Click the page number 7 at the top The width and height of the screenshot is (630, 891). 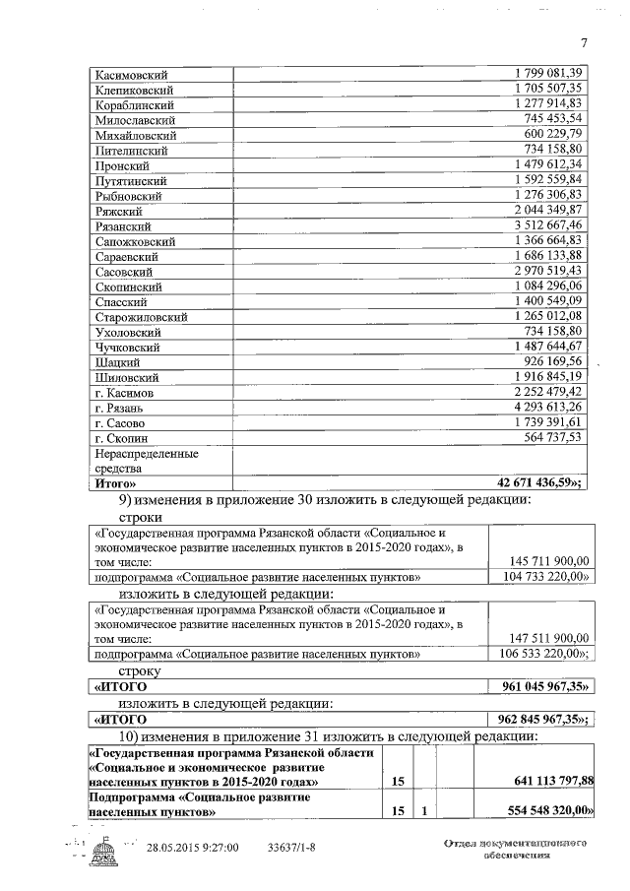(584, 42)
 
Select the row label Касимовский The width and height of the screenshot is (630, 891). (131, 75)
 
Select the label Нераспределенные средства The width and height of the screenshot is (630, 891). (145, 461)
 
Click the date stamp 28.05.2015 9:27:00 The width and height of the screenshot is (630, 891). (193, 847)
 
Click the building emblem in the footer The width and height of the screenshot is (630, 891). (102, 852)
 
